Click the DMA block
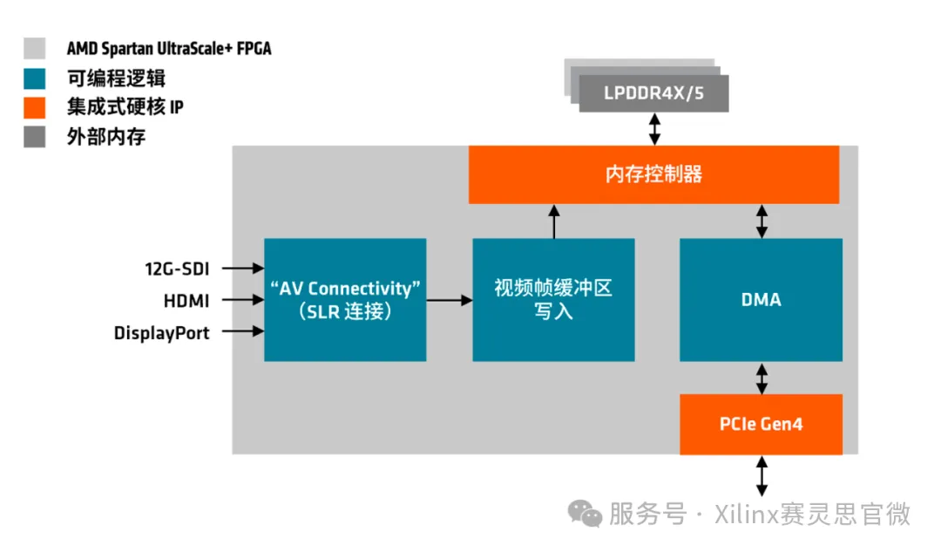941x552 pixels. (x=761, y=299)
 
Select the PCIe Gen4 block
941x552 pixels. (x=761, y=425)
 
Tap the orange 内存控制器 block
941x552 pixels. (x=653, y=174)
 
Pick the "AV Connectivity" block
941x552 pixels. (x=345, y=299)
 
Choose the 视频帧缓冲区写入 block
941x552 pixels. (x=553, y=299)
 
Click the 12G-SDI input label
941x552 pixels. (x=178, y=268)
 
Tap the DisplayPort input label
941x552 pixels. (x=162, y=333)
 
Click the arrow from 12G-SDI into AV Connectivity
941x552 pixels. (x=249, y=268)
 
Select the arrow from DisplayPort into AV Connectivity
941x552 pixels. (x=249, y=331)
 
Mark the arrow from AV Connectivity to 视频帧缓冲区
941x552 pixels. (x=449, y=300)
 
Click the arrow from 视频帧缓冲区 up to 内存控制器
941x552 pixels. (x=553, y=221)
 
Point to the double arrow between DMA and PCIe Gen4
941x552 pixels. (x=762, y=378)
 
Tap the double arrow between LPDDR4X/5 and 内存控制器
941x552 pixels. (x=653, y=129)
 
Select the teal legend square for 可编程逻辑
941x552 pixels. (x=35, y=78)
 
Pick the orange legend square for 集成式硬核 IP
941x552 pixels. (x=35, y=107)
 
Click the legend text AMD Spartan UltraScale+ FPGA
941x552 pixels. (x=169, y=49)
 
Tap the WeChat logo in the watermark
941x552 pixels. (x=585, y=514)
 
